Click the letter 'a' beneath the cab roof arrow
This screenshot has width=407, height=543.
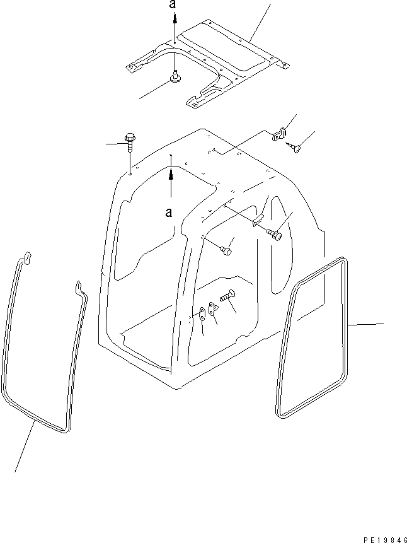[168, 213]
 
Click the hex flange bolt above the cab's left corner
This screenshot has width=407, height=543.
[130, 140]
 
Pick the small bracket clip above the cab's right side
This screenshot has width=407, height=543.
[279, 134]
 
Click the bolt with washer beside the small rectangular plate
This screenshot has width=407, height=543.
[275, 234]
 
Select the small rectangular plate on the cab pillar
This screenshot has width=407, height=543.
[256, 222]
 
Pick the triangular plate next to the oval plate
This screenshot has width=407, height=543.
[212, 308]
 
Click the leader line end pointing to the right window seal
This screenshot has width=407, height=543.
[382, 324]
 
